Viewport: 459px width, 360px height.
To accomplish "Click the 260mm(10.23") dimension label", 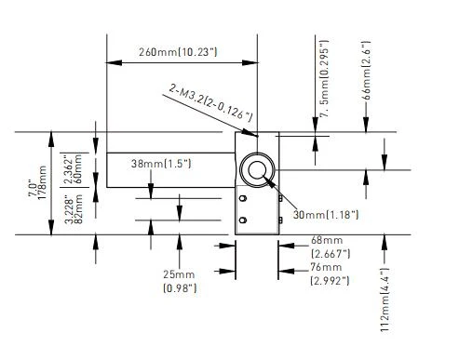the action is (178, 52).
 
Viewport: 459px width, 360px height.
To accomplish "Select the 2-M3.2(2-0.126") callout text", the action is (210, 102).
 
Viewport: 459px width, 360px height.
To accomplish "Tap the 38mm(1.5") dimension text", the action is (161, 164).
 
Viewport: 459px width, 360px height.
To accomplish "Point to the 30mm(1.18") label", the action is (326, 214).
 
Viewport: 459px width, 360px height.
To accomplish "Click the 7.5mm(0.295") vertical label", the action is (324, 78).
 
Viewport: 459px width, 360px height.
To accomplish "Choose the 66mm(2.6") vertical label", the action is (366, 70).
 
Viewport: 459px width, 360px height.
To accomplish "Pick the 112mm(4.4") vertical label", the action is (385, 300).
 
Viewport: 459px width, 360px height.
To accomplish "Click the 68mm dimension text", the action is (327, 240).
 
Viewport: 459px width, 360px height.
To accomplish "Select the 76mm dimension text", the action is (326, 267).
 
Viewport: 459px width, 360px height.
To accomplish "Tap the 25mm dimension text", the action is (179, 274).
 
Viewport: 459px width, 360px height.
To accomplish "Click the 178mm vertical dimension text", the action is (42, 183).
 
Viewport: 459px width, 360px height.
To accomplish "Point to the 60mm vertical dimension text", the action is (77, 169).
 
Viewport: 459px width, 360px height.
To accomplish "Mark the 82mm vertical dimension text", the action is (78, 209).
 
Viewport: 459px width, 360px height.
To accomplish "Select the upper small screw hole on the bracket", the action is (243, 198).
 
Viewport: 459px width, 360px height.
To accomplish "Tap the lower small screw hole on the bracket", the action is (243, 220).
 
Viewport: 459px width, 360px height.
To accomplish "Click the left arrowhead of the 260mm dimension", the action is (114, 62).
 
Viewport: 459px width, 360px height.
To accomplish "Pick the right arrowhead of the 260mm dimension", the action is (250, 62).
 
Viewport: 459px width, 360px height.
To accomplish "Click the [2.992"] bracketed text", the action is (330, 281).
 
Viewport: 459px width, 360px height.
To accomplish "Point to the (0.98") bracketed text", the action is (180, 288).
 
